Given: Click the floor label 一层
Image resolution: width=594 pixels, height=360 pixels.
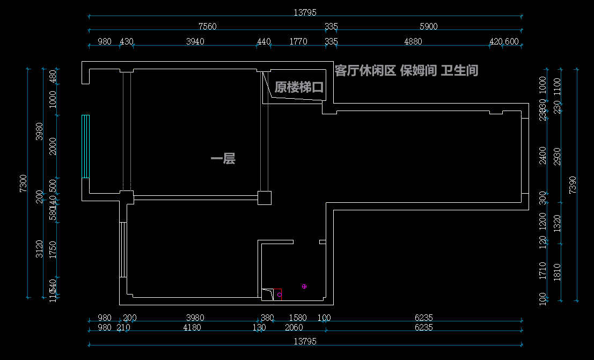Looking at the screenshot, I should [223, 158].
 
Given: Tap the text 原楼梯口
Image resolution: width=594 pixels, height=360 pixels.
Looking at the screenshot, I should [299, 87].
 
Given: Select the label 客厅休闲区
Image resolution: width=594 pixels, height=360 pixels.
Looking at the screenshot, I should [365, 70].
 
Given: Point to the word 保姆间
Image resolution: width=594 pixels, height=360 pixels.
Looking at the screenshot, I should [418, 70].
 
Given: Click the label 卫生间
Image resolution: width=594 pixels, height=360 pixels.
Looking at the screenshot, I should [459, 70].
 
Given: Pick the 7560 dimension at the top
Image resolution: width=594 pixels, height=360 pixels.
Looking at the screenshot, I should [207, 26].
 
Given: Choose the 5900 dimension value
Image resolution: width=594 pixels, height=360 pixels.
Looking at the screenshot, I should [429, 26].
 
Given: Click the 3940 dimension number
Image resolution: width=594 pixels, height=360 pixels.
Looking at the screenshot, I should [195, 42].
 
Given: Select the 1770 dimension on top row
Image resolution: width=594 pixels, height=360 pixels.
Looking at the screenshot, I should [298, 42].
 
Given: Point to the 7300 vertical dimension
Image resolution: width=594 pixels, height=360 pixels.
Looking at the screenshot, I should [23, 183].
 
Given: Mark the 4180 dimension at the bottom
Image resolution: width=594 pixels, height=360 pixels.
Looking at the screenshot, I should [192, 327].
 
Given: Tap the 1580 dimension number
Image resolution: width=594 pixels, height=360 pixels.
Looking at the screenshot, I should [298, 318].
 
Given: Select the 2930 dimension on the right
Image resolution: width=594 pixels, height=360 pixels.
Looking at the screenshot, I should [557, 156].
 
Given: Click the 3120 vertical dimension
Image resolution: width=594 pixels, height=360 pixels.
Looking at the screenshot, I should [39, 249].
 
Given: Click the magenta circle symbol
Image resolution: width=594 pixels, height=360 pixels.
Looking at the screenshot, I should [304, 286].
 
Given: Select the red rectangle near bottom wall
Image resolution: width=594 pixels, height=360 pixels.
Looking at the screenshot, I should [278, 294].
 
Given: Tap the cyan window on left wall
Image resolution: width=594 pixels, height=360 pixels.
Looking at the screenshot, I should [85, 146].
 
